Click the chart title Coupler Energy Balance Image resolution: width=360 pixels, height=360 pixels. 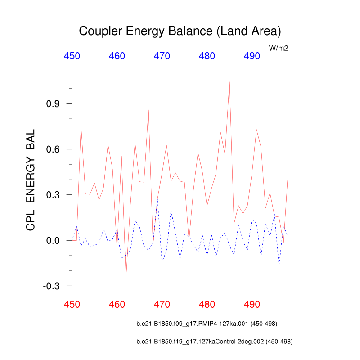pyautogui.click(x=180, y=31)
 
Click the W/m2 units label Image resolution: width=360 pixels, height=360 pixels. pyautogui.click(x=279, y=48)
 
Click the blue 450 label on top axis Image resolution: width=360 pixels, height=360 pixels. pyautogui.click(x=72, y=56)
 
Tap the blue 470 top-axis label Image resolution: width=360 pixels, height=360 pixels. pyautogui.click(x=162, y=56)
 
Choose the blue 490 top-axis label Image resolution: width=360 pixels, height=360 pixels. pyautogui.click(x=252, y=56)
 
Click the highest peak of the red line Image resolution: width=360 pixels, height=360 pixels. pyautogui.click(x=229, y=82)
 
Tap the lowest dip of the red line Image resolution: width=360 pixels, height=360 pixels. pyautogui.click(x=126, y=278)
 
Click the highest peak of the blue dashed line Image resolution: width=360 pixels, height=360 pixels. pyautogui.click(x=157, y=198)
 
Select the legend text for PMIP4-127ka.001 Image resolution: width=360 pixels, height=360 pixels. pyautogui.click(x=207, y=324)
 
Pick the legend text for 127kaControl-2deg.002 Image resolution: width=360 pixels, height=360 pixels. pyautogui.click(x=215, y=342)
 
